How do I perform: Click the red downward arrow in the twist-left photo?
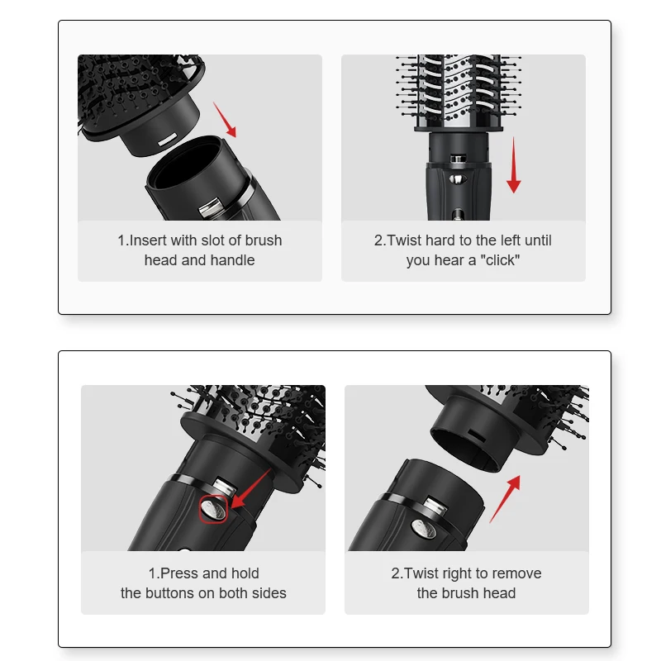(x=514, y=165)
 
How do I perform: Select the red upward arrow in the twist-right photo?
(x=506, y=498)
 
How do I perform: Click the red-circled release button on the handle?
(x=213, y=509)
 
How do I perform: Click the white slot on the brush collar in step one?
(x=166, y=139)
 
